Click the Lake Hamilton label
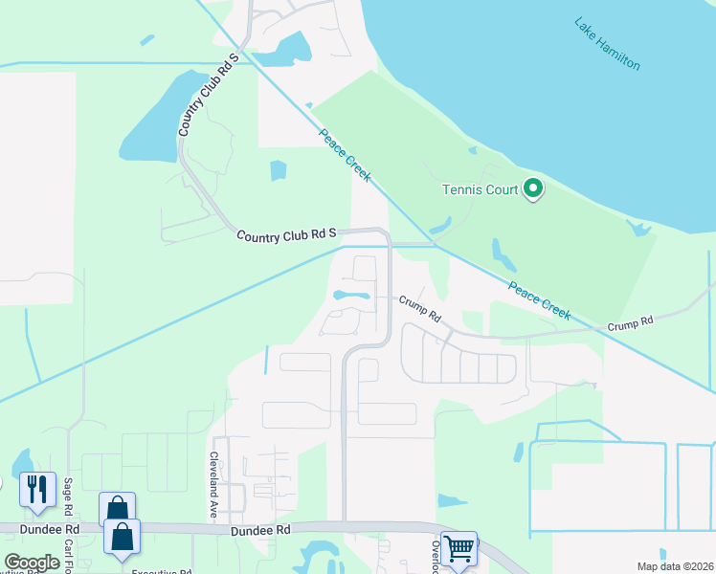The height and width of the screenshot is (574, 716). coord(607,43)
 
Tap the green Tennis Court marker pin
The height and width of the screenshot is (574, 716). coord(533,189)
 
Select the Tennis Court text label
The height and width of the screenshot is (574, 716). coord(479,189)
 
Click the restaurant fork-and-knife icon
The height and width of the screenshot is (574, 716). coord(38,489)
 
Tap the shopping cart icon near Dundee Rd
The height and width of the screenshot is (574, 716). coord(459,548)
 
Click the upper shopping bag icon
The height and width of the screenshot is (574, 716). coord(116,507)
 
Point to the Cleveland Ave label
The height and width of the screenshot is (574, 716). coord(215,485)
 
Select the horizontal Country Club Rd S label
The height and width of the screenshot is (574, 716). coord(286,233)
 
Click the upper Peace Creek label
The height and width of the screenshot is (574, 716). coord(345,154)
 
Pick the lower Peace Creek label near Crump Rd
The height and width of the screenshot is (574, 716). coord(539,300)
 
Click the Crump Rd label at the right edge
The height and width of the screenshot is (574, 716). coord(630,325)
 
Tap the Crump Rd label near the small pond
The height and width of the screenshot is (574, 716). coord(419,308)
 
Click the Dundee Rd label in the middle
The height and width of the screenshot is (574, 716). coord(259,529)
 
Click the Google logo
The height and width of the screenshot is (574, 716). coord(32,562)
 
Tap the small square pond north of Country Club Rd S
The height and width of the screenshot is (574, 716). coord(278,170)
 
